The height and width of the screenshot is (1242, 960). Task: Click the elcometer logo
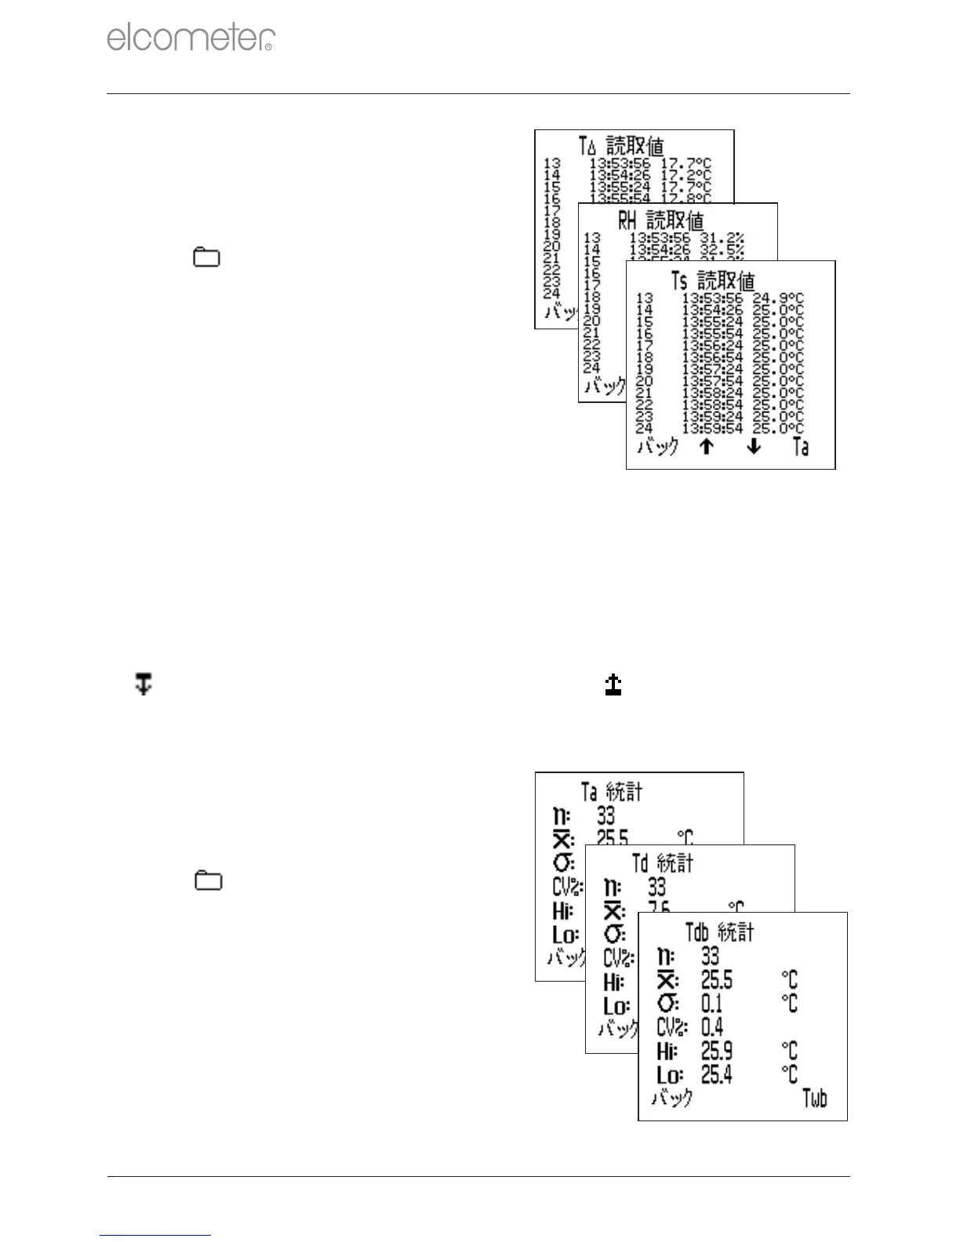click(x=191, y=38)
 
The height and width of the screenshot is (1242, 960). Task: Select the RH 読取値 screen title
click(x=660, y=221)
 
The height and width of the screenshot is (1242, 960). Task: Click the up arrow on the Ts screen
click(x=706, y=447)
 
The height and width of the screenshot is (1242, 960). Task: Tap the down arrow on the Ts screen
click(x=754, y=447)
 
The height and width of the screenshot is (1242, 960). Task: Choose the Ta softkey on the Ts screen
click(x=801, y=447)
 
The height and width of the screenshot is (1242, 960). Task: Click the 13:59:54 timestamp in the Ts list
click(x=711, y=428)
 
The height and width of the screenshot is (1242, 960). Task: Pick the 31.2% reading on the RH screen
click(x=722, y=238)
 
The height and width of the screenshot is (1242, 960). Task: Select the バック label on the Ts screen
click(x=657, y=447)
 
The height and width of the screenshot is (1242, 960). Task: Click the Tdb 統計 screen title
click(x=719, y=932)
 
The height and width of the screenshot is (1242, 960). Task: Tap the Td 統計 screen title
click(x=663, y=863)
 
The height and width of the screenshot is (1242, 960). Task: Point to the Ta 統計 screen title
click(x=612, y=792)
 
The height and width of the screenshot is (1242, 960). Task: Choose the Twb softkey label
click(x=815, y=1098)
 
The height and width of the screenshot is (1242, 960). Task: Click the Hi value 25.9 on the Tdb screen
click(x=717, y=1051)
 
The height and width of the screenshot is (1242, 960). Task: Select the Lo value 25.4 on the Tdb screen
click(x=717, y=1074)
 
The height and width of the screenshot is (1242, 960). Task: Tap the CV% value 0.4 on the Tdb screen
click(x=712, y=1027)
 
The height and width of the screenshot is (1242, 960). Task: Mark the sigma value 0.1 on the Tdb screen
click(x=711, y=1004)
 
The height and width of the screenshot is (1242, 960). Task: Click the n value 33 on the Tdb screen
click(x=710, y=956)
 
